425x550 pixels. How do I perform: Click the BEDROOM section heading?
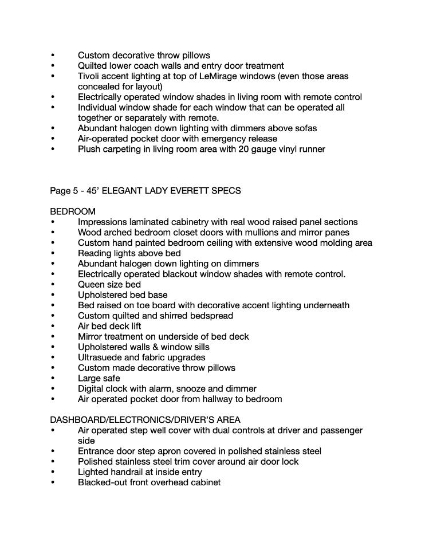pyautogui.click(x=73, y=211)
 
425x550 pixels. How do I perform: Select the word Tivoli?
pyautogui.click(x=90, y=76)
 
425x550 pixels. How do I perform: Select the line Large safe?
pyautogui.click(x=99, y=379)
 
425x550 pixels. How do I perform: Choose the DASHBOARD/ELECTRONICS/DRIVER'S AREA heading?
pyautogui.click(x=145, y=420)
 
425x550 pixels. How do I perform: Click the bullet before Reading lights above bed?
pyautogui.click(x=53, y=253)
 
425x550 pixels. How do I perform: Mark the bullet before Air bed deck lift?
pyautogui.click(x=53, y=327)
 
